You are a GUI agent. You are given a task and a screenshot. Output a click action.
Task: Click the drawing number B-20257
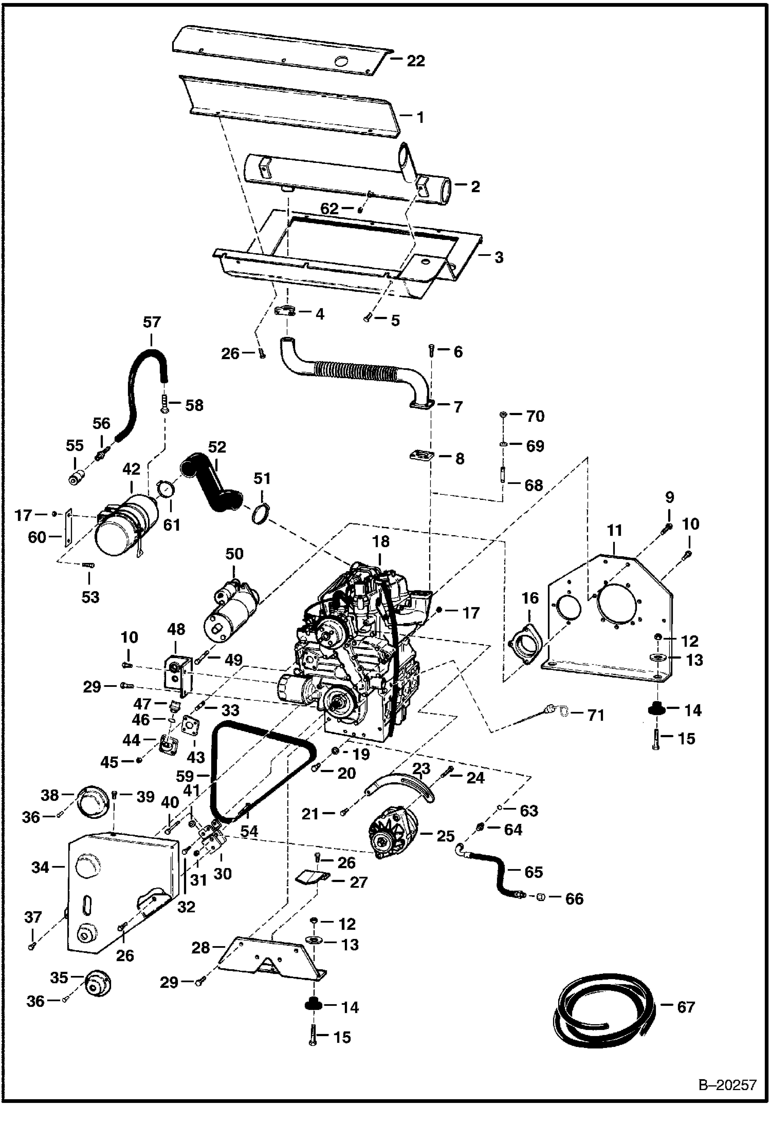pyautogui.click(x=727, y=1085)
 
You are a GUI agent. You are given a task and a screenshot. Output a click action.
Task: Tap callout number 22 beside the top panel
pyautogui.click(x=416, y=61)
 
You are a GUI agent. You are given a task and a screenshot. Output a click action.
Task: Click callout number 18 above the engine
pyautogui.click(x=381, y=541)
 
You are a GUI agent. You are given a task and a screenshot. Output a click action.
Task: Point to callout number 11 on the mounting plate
pyautogui.click(x=615, y=530)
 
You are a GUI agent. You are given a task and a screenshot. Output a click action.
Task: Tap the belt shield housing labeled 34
pyautogui.click(x=122, y=894)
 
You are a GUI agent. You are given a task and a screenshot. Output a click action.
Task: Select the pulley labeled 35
pyautogui.click(x=98, y=983)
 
